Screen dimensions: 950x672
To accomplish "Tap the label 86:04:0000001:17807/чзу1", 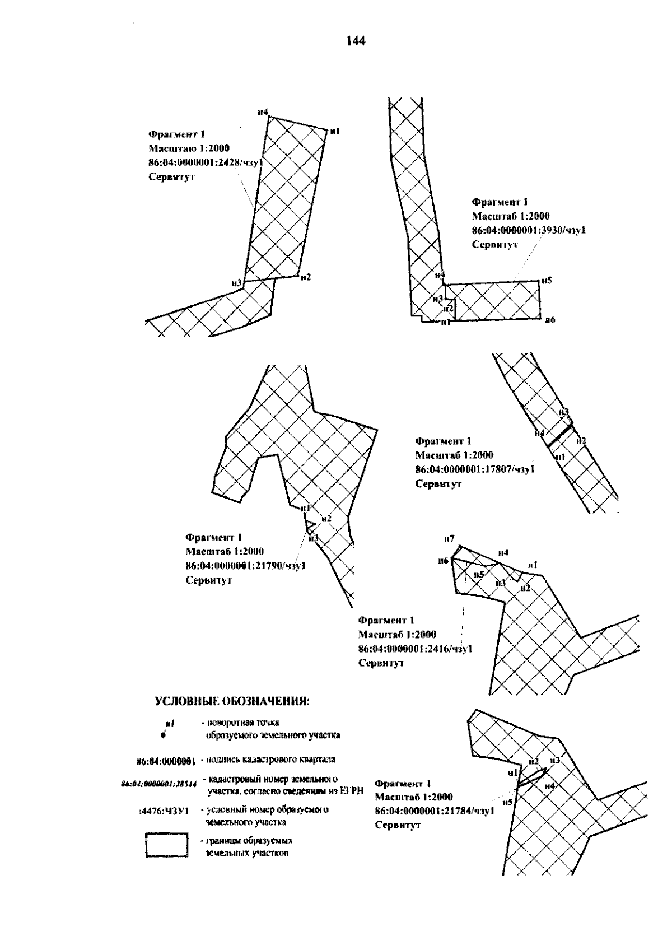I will (x=475, y=469).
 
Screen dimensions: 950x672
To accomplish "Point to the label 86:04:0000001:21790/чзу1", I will (x=245, y=566).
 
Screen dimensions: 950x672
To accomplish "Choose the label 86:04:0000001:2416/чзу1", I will (x=415, y=649).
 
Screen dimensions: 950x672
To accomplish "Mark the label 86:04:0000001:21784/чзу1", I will (x=434, y=811).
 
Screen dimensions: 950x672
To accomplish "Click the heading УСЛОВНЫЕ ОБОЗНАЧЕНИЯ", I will (x=232, y=702).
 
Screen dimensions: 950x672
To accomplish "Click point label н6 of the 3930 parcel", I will (x=549, y=319).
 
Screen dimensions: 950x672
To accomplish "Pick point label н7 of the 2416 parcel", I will (x=449, y=539).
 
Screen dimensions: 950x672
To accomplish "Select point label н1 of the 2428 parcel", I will (x=335, y=131).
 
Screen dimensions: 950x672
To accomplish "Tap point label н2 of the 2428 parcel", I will (x=305, y=277).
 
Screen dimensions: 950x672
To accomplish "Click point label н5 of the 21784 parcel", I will (x=508, y=803).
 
